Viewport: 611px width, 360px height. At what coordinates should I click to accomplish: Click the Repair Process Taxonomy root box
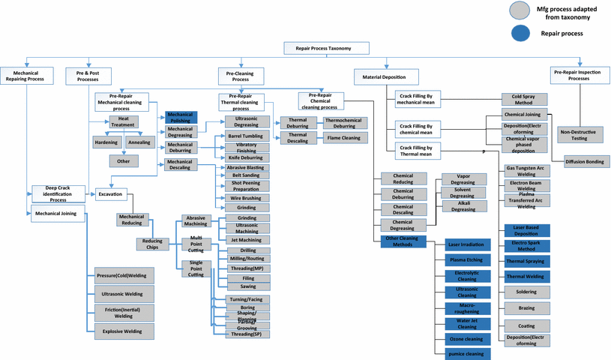pos(328,48)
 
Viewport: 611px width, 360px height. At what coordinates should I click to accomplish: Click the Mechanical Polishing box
pos(181,117)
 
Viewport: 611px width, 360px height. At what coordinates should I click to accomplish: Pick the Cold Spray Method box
pos(524,98)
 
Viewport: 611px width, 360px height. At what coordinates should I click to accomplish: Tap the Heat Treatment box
pos(123,121)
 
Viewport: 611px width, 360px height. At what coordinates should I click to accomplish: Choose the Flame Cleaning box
pos(346,138)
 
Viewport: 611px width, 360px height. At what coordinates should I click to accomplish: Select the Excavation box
pos(109,193)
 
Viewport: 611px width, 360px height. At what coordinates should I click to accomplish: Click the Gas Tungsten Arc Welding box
pos(526,172)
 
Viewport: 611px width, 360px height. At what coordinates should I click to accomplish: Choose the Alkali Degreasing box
pos(462,207)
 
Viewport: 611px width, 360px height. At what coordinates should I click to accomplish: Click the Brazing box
pos(526,308)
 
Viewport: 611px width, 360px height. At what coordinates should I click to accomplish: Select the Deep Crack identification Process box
pos(58,193)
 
